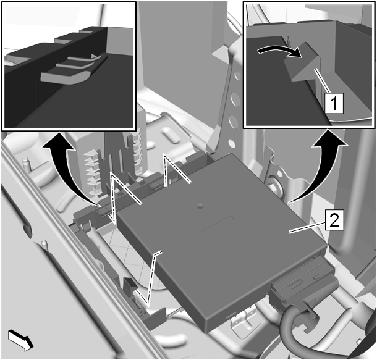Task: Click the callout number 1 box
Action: (x=334, y=103)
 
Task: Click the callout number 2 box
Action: (x=334, y=219)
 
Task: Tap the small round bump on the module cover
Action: (x=200, y=206)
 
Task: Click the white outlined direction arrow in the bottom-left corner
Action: (x=20, y=340)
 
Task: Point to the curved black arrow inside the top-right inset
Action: (x=279, y=49)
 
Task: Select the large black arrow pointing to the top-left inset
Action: (x=70, y=168)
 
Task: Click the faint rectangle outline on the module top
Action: (x=219, y=224)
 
